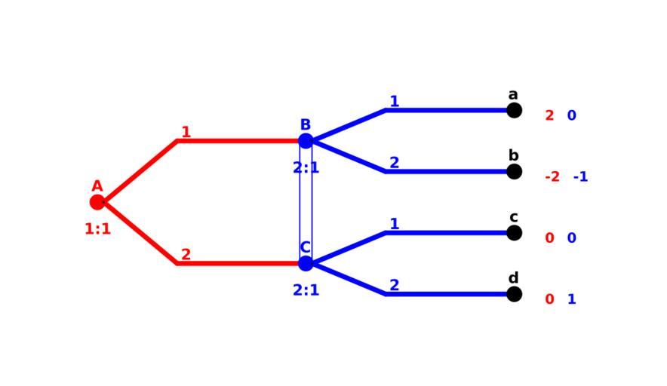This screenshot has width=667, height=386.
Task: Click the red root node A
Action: point(97,202)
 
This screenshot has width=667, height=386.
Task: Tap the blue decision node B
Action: point(306,141)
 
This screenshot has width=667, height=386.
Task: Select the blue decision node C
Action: point(306,264)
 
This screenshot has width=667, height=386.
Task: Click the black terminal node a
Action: point(514,110)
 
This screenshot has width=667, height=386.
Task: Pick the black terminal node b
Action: point(514,172)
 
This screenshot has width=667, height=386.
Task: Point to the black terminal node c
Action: point(514,233)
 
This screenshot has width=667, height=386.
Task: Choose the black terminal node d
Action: point(514,294)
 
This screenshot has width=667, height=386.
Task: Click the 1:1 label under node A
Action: point(97,229)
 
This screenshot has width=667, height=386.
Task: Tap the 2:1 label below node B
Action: point(306,168)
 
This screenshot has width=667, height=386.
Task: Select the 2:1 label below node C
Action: point(306,290)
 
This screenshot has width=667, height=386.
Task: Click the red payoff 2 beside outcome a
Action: point(549,115)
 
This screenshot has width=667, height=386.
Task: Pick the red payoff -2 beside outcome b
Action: point(552,177)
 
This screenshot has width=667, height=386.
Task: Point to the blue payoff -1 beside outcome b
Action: point(580,177)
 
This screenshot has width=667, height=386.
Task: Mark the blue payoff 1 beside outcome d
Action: point(571,299)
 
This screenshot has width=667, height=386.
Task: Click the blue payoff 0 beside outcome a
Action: point(571,115)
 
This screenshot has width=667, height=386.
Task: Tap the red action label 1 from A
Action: point(186,133)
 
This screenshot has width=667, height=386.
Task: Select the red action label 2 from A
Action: point(186,256)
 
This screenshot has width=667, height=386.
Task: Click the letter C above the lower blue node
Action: point(306,247)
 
